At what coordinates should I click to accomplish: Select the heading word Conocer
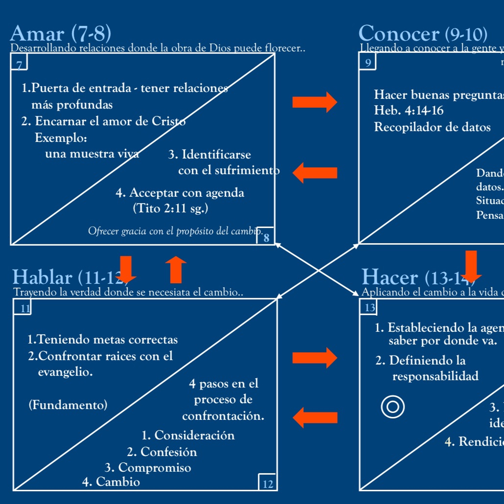399,34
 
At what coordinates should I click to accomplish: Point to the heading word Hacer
390,277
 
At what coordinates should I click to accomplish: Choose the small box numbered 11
23,307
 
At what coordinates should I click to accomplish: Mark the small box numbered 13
369,307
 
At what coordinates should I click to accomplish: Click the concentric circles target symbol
393,407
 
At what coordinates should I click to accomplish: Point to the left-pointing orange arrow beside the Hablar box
315,418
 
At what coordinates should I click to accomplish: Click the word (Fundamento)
68,405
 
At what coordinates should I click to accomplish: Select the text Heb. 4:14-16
409,110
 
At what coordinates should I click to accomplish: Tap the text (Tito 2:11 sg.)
170,208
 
